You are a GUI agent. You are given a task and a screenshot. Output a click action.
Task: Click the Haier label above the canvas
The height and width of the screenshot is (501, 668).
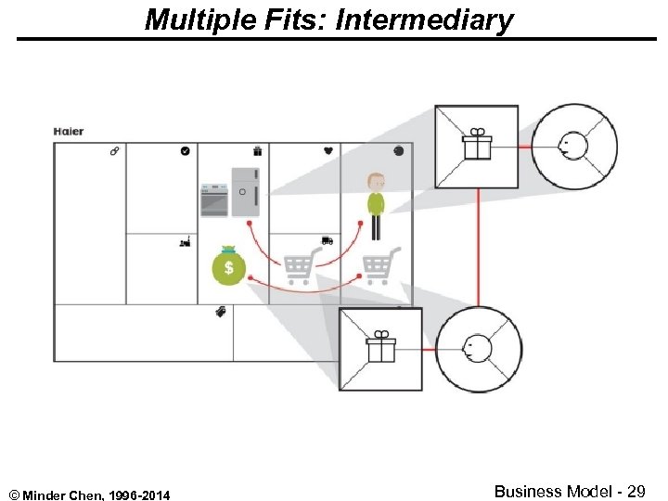(69, 132)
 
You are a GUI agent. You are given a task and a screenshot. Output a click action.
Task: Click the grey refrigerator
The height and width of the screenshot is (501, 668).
(245, 191)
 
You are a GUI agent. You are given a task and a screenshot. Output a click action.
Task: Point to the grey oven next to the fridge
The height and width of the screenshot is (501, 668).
(214, 199)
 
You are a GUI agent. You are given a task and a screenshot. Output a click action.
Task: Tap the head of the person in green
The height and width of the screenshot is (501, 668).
(375, 182)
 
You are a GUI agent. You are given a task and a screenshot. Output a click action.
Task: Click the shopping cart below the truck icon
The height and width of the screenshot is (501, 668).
(299, 268)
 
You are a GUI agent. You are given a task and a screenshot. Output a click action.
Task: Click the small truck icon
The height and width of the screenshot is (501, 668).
(327, 240)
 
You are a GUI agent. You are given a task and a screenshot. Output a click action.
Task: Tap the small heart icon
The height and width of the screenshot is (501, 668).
(328, 150)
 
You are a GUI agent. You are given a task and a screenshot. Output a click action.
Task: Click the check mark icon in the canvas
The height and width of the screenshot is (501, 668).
(185, 150)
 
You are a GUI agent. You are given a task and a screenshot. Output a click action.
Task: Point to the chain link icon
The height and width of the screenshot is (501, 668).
(114, 150)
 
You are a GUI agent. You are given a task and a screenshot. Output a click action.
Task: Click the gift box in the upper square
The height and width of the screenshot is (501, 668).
(477, 146)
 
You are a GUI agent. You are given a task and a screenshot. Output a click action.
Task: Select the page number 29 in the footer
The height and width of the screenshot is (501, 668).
(636, 492)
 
